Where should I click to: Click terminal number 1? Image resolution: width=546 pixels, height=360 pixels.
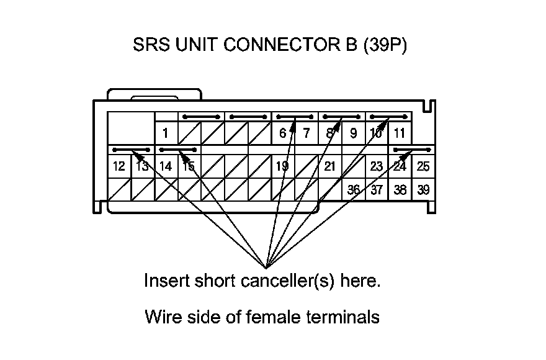click(x=166, y=133)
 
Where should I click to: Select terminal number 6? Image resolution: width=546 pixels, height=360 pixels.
click(x=282, y=133)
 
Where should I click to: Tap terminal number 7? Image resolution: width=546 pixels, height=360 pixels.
click(x=306, y=133)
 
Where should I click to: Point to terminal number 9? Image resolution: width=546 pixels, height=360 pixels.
click(x=353, y=133)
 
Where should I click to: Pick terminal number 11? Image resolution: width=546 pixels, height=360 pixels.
click(x=400, y=133)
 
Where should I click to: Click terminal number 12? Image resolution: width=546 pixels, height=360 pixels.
click(x=119, y=166)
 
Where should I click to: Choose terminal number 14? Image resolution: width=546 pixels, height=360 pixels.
click(x=165, y=166)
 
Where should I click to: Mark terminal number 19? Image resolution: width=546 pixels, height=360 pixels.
click(x=282, y=166)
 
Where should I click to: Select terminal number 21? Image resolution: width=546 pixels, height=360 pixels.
click(x=329, y=166)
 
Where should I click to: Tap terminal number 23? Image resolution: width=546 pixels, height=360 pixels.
click(x=377, y=166)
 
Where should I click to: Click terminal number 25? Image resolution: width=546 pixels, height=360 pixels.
click(x=423, y=166)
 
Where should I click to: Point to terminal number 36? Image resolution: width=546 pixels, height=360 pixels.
click(x=353, y=190)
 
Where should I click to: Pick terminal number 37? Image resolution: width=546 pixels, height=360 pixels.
click(x=377, y=190)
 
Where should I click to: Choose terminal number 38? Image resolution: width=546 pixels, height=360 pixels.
click(x=400, y=190)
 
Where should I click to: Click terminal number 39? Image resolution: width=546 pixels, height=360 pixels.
click(x=423, y=190)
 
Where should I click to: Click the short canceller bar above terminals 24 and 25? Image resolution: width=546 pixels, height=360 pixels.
click(x=413, y=150)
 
